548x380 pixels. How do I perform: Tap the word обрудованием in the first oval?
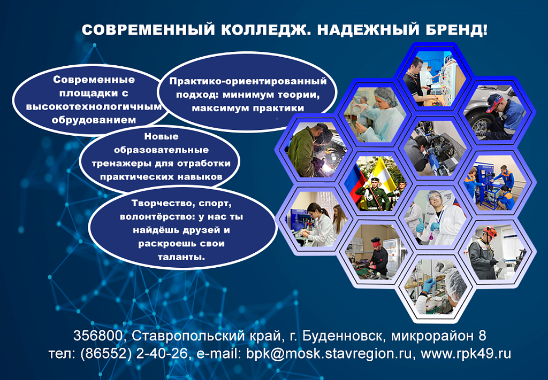point(94,120)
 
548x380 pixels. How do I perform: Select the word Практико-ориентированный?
point(248,82)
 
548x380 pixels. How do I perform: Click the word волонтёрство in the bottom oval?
point(157,216)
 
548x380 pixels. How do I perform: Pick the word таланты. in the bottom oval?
point(181,258)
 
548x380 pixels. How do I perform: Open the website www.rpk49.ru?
point(466,354)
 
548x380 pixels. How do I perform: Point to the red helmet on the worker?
point(490,231)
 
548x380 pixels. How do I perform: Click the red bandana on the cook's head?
point(376,241)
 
